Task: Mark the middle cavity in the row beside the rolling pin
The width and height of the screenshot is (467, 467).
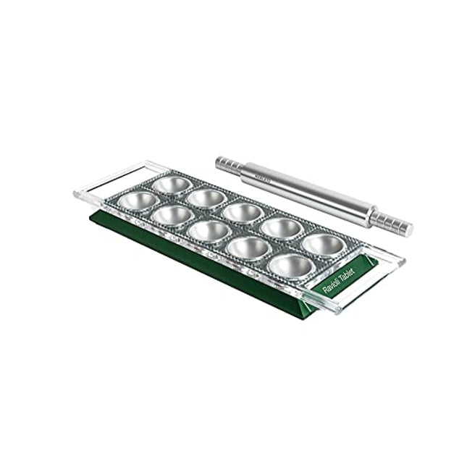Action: (x=243, y=212)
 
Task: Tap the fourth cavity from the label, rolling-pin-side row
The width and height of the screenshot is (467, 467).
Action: (x=207, y=198)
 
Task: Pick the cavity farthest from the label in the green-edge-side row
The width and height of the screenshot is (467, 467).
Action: (x=138, y=200)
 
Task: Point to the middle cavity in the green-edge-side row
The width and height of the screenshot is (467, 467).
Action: (x=209, y=230)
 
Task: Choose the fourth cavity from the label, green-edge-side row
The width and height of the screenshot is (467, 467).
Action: (x=173, y=214)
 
